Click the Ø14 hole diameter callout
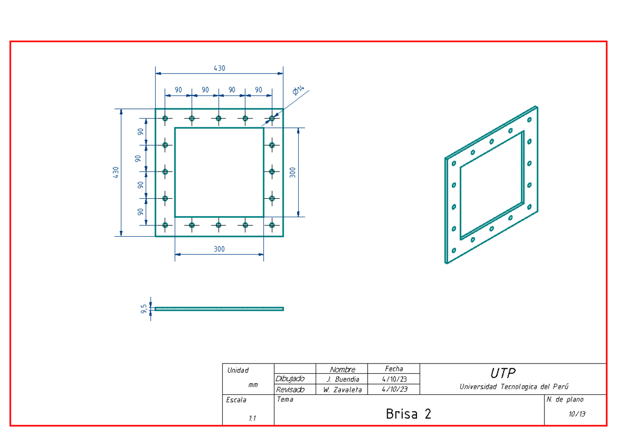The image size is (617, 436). pos(298,91)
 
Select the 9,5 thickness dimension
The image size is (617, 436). pos(144,308)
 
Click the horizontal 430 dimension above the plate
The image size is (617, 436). pos(220,68)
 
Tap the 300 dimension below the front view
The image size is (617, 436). pos(220,249)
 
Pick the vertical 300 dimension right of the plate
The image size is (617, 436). pos(293,172)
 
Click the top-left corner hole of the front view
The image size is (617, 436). pos(165,119)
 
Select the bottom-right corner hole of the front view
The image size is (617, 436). pos(272,225)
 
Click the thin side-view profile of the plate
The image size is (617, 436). pos(220,309)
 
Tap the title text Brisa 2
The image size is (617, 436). pos(408,414)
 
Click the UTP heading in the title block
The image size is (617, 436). pos(502,372)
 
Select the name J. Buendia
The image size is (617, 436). pos(343,380)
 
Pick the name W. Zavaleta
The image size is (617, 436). pos(343,390)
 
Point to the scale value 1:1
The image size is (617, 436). pos(252,419)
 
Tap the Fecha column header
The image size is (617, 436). pos(394,369)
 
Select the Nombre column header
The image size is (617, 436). pos(342,369)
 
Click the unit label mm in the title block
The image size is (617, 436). pos(253,384)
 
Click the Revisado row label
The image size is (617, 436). pos(290,390)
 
